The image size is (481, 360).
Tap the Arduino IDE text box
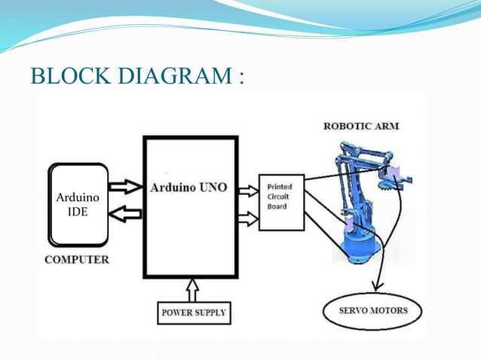tap(78, 204)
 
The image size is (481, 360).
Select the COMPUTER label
tap(76, 260)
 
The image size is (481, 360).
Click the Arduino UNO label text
tap(189, 186)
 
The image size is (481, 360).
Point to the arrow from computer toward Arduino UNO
tap(124, 185)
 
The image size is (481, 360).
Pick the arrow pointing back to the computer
tap(124, 215)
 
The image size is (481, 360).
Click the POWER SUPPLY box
tap(192, 311)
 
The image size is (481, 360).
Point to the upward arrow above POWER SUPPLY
tap(192, 288)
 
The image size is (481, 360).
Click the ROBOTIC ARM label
tap(361, 126)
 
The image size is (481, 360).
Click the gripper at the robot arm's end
tap(399, 179)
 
